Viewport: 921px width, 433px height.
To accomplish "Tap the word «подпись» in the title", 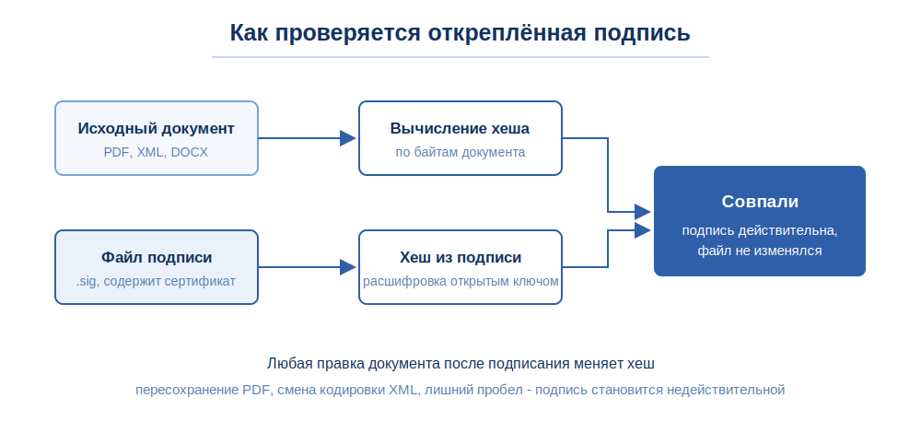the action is pyautogui.click(x=642, y=33).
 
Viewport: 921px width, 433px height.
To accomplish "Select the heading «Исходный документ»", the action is pyautogui.click(x=157, y=129).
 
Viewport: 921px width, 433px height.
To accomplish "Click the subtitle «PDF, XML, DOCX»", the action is pyautogui.click(x=157, y=153).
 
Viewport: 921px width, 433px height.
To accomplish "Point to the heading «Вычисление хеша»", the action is pyautogui.click(x=460, y=129).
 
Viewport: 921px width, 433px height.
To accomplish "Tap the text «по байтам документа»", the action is pyautogui.click(x=460, y=153).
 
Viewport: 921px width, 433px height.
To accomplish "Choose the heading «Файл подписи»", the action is pyautogui.click(x=157, y=258).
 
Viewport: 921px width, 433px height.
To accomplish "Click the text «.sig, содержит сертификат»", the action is pyautogui.click(x=157, y=281).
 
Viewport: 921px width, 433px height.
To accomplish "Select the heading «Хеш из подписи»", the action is pyautogui.click(x=460, y=258).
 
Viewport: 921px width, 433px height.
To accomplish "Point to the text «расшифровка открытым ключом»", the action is pyautogui.click(x=460, y=281).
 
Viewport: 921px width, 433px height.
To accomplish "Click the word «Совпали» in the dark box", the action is pyautogui.click(x=760, y=202).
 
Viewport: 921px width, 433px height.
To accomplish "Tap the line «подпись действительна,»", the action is pyautogui.click(x=760, y=230).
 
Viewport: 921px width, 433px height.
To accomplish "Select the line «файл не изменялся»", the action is pyautogui.click(x=760, y=251).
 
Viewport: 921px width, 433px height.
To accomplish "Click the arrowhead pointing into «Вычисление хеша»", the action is pyautogui.click(x=348, y=138).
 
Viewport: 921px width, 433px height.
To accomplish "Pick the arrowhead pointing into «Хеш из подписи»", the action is pyautogui.click(x=348, y=267).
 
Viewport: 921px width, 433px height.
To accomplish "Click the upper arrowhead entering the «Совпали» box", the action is pyautogui.click(x=643, y=212).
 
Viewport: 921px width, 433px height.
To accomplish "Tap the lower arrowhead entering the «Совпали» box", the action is pyautogui.click(x=643, y=230).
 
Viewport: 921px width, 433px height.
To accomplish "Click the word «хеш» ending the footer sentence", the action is pyautogui.click(x=641, y=364).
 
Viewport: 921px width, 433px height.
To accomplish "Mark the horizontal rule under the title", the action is pyautogui.click(x=460, y=57).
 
